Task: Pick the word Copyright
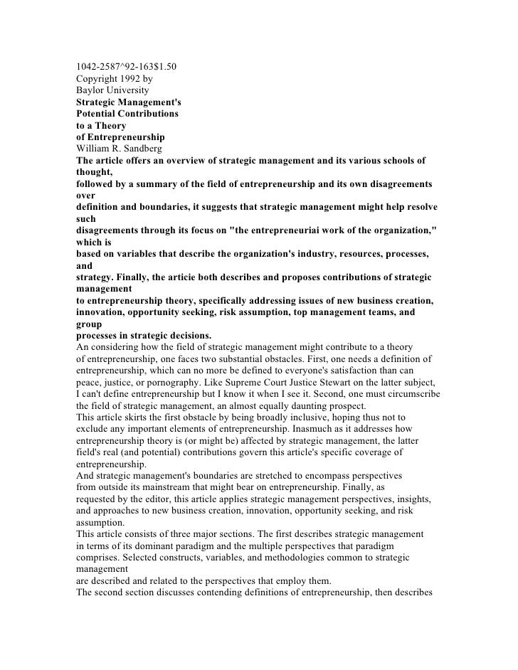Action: pos(98,79)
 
